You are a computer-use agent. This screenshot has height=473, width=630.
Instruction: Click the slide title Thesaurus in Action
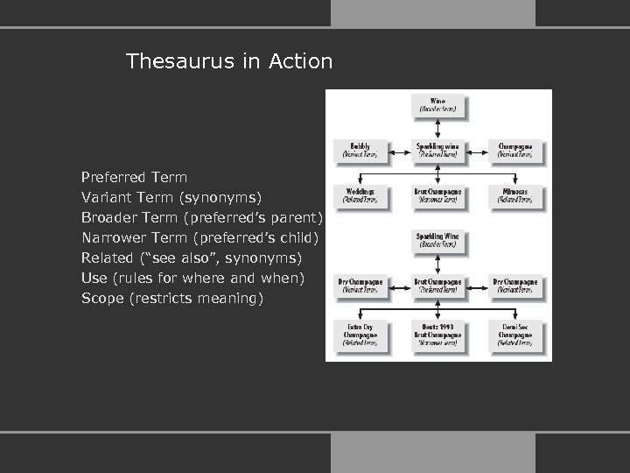229,61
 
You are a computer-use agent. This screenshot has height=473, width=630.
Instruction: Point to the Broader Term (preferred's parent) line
202,217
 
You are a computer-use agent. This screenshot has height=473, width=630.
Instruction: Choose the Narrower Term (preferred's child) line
200,237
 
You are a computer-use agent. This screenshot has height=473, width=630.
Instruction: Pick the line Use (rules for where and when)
192,278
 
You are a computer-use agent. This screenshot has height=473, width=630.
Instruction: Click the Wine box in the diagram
438,106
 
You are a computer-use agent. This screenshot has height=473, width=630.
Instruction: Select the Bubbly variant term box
360,151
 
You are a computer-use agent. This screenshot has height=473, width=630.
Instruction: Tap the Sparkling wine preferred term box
438,151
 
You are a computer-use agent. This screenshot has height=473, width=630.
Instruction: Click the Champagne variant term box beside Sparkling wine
516,151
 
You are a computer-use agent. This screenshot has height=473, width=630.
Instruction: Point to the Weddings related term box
360,195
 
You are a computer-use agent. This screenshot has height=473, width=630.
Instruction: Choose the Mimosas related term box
516,195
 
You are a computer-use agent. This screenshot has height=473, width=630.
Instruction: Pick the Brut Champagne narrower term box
438,195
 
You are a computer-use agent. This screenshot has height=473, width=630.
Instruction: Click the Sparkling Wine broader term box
438,240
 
